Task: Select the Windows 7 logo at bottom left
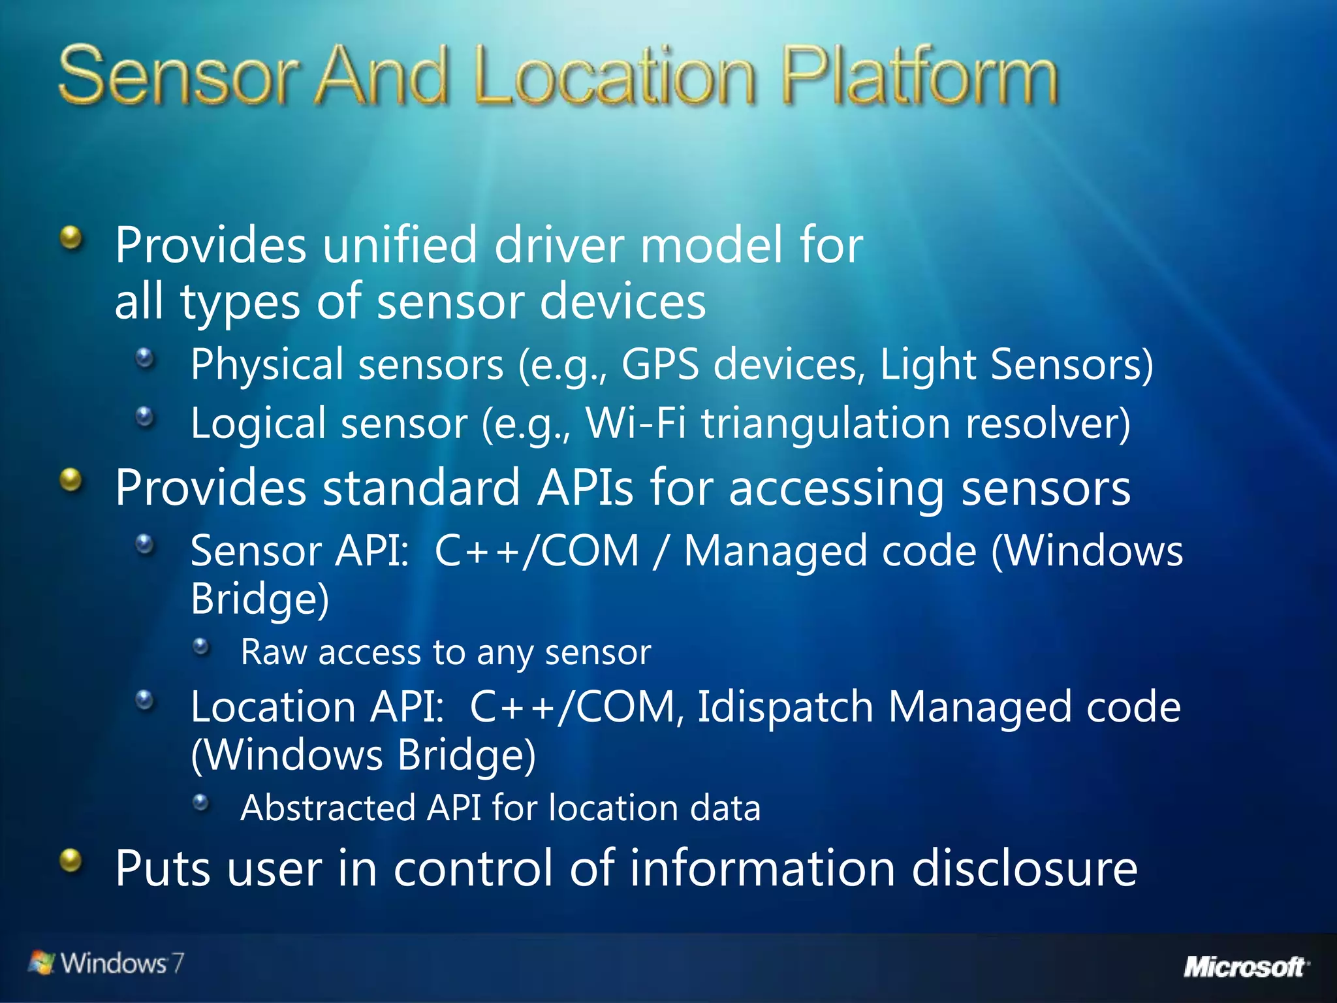click(106, 963)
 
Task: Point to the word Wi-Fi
click(635, 423)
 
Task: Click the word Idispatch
click(785, 707)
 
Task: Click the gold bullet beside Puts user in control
click(71, 860)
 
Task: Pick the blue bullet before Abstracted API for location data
click(202, 803)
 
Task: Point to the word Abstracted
click(328, 808)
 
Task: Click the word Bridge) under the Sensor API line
click(260, 599)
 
